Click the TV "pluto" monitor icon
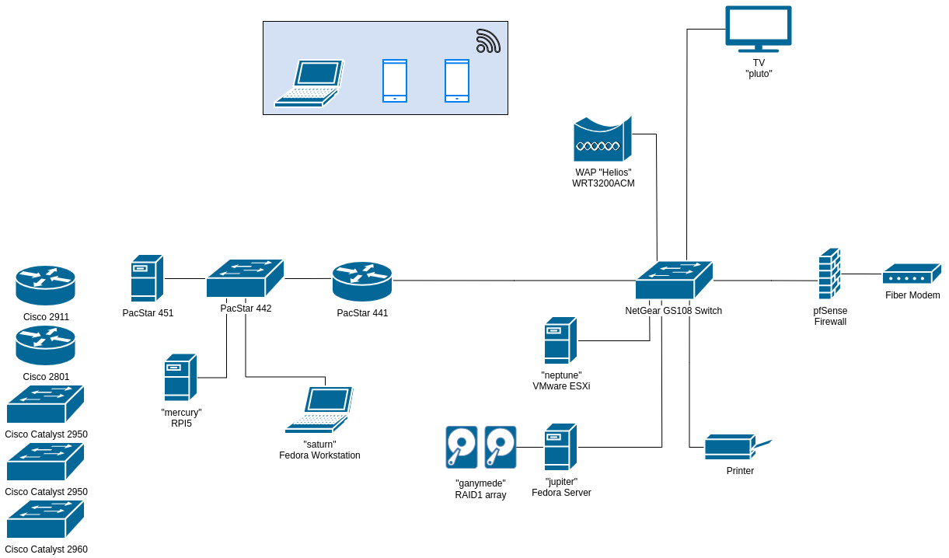[x=758, y=27]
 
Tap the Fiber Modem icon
[x=911, y=274]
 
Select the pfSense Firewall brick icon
[x=829, y=274]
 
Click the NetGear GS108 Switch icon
[x=673, y=281]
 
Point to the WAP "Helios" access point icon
[x=602, y=140]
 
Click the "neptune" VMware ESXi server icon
[x=560, y=340]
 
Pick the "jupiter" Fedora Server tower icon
[x=560, y=447]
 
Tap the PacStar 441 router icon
[x=362, y=281]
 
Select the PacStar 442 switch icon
[x=245, y=278]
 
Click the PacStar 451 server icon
[x=146, y=278]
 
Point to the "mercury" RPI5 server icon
[x=180, y=378]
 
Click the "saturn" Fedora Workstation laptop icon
[x=319, y=410]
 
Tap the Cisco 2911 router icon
[x=45, y=285]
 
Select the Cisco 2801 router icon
[x=45, y=345]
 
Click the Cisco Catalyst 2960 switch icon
[x=45, y=519]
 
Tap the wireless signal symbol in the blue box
[x=487, y=41]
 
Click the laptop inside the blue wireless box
[x=309, y=83]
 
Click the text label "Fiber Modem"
[x=912, y=295]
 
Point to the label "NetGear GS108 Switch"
[x=673, y=311]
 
